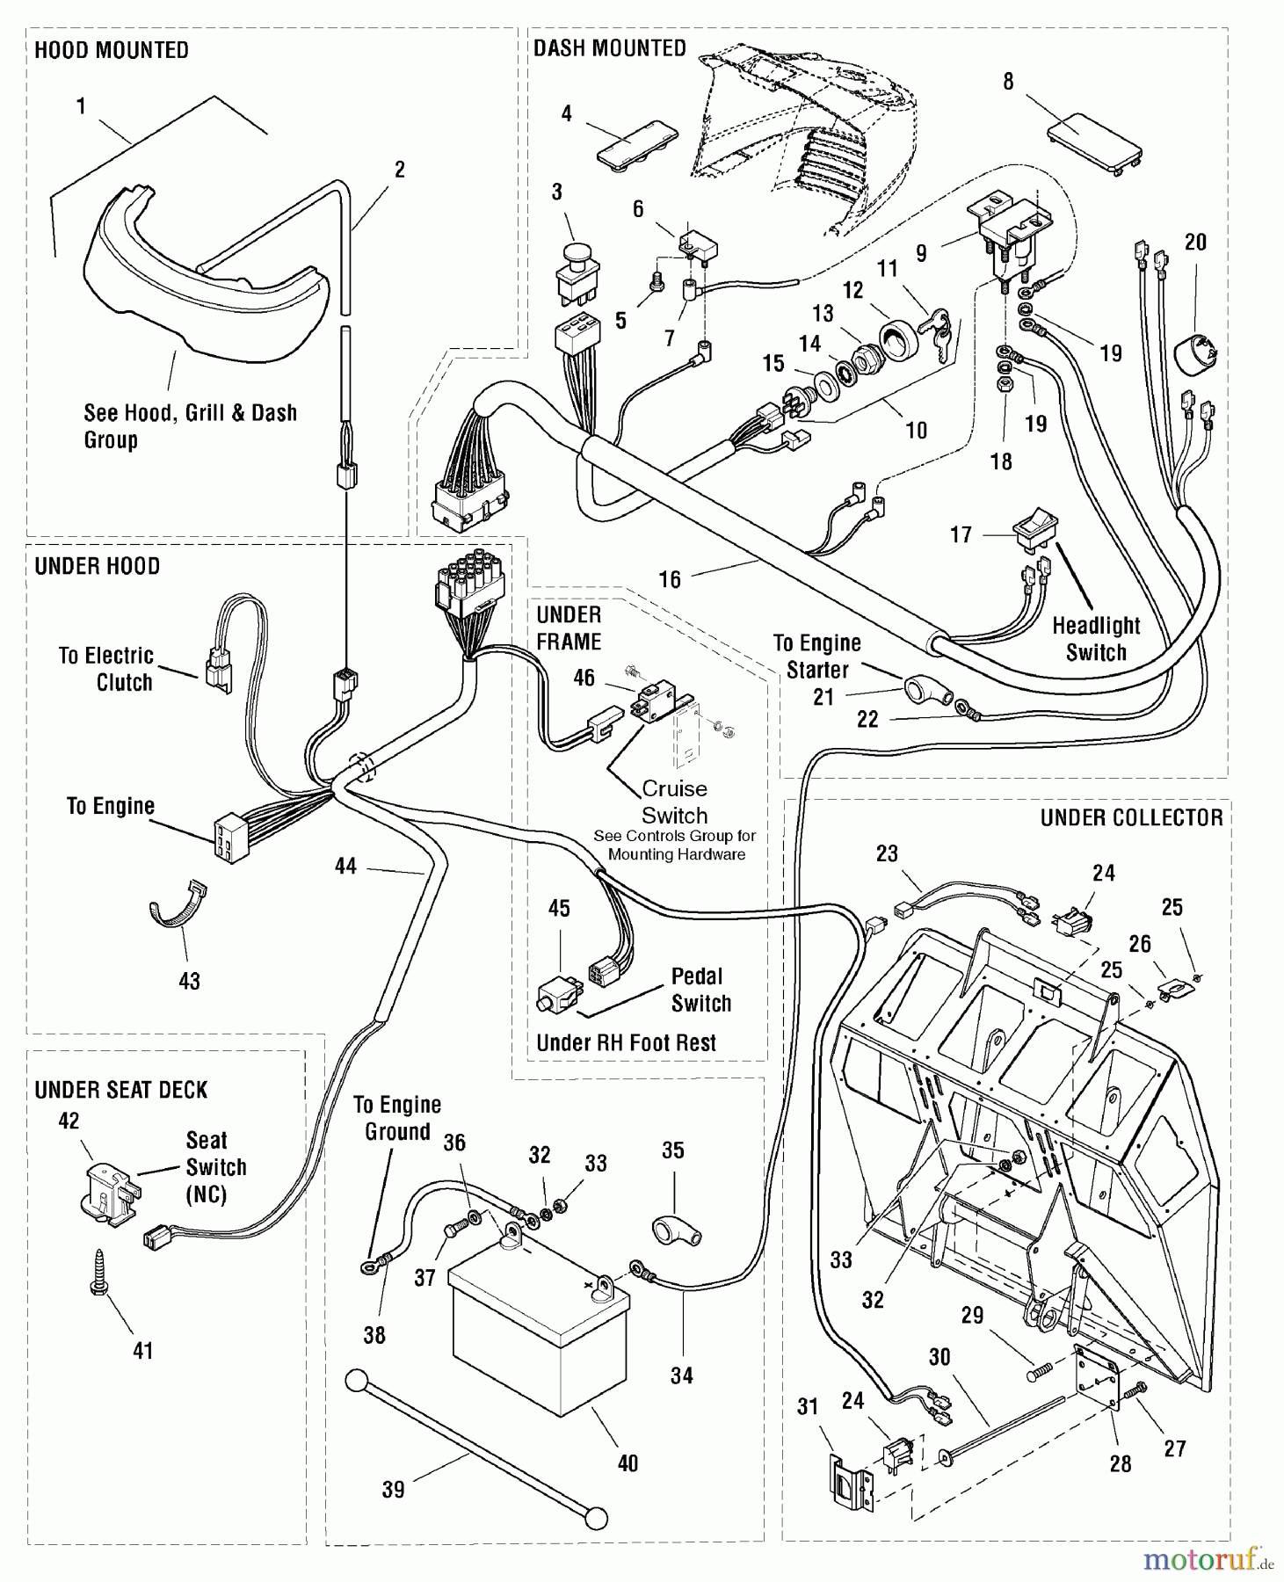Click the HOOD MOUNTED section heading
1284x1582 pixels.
(111, 50)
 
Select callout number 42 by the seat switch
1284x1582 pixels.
(69, 1121)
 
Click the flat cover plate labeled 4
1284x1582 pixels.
(638, 143)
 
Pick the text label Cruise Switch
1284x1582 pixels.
(674, 802)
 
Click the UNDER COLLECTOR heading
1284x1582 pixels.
(1131, 817)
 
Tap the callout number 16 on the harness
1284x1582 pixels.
(670, 579)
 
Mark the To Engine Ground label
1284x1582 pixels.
(397, 1118)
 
